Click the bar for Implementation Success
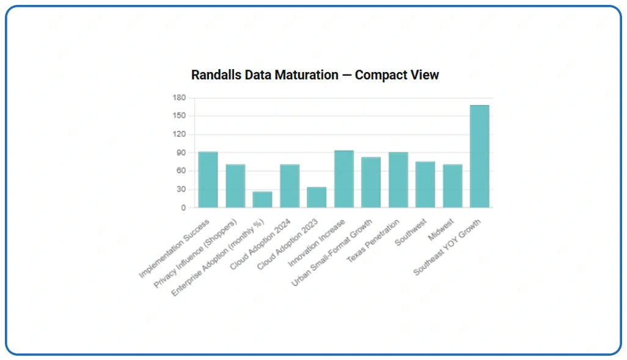pos(208,180)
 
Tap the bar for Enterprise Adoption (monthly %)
pos(262,200)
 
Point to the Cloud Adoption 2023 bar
pos(317,197)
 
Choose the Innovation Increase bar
pos(344,179)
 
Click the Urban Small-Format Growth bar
pos(371,182)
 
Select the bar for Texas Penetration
pos(398,180)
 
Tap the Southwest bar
pos(425,185)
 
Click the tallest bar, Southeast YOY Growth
pos(480,156)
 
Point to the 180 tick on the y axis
pos(179,98)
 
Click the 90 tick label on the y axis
pos(181,153)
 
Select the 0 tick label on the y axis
pos(183,208)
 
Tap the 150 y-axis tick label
pos(179,116)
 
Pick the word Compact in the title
pos(379,75)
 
